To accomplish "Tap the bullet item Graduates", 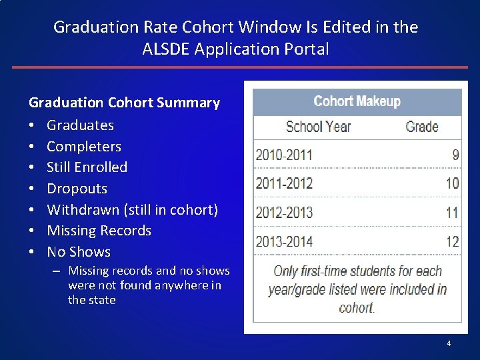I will click(x=80, y=125).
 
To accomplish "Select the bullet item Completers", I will click(x=84, y=146).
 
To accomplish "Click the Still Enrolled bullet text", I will click(x=87, y=167).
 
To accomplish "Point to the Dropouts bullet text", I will click(x=77, y=189).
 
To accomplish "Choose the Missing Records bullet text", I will click(x=99, y=231).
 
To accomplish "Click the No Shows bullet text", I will click(x=79, y=252).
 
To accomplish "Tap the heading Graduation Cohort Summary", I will click(x=124, y=103).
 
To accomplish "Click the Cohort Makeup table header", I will click(x=357, y=101).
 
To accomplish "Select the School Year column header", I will click(x=318, y=127).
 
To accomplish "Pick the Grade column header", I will click(x=421, y=127).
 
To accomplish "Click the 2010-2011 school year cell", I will click(x=284, y=155).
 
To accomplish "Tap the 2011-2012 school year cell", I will click(x=284, y=183).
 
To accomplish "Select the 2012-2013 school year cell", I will click(x=284, y=213).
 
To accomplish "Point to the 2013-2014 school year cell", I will click(x=284, y=241).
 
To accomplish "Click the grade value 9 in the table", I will click(x=455, y=155).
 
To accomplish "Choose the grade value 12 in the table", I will click(x=453, y=241).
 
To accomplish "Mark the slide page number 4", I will click(x=449, y=343).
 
